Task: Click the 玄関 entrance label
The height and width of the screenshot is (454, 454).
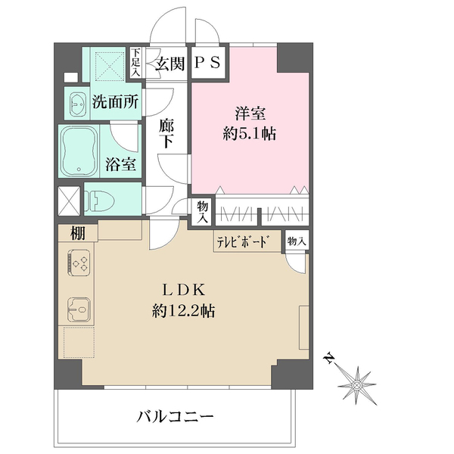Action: point(170,64)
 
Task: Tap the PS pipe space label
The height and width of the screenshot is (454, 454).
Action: point(207,64)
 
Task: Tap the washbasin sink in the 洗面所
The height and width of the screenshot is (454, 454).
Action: point(77,104)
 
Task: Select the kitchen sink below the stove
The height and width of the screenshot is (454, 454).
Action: point(78,309)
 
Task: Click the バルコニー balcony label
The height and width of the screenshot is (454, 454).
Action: point(176,416)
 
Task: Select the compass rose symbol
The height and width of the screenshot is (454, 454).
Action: point(356,384)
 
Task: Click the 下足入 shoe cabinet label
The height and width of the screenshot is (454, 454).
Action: point(136,63)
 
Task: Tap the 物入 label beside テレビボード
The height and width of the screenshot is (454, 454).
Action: point(296,241)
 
